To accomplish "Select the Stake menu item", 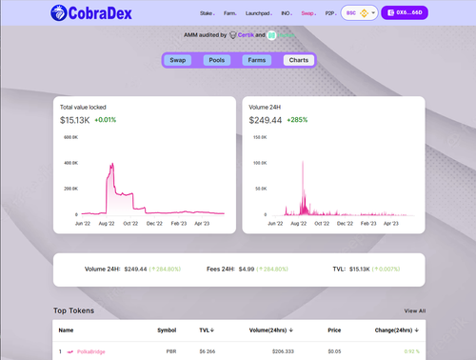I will [207, 15].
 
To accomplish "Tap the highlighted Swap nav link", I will [307, 15].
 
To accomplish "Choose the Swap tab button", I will [178, 60].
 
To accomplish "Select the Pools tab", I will [217, 60].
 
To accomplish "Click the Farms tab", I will [257, 60].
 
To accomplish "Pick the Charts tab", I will [297, 60].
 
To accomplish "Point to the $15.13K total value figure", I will [74, 121].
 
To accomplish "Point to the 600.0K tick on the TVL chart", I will [70, 137].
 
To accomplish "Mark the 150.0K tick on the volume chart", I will [257, 137].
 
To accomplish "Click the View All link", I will [414, 310].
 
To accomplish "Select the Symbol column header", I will [166, 330].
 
